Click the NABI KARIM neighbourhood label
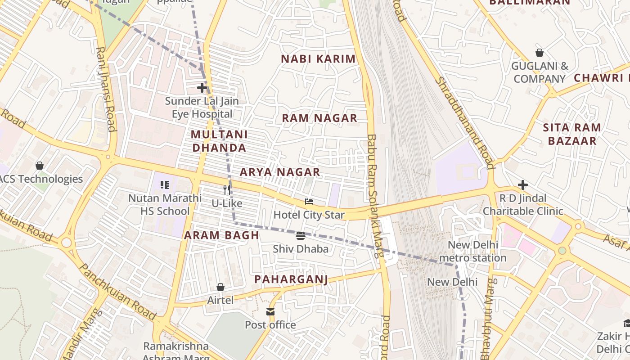[318, 59]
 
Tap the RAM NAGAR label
[319, 118]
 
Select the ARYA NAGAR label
[280, 172]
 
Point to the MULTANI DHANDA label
[219, 141]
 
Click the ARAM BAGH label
[221, 235]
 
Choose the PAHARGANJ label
[291, 279]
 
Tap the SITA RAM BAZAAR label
[572, 134]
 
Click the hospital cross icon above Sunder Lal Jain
[202, 87]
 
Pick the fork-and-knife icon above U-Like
[227, 190]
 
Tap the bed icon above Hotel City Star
[309, 201]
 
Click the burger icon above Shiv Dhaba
[301, 235]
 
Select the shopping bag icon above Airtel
[220, 287]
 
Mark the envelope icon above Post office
[270, 311]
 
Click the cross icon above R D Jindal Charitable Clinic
[523, 184]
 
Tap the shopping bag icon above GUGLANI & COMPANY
[540, 53]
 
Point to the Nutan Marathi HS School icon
[165, 184]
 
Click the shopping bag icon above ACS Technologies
[40, 166]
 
